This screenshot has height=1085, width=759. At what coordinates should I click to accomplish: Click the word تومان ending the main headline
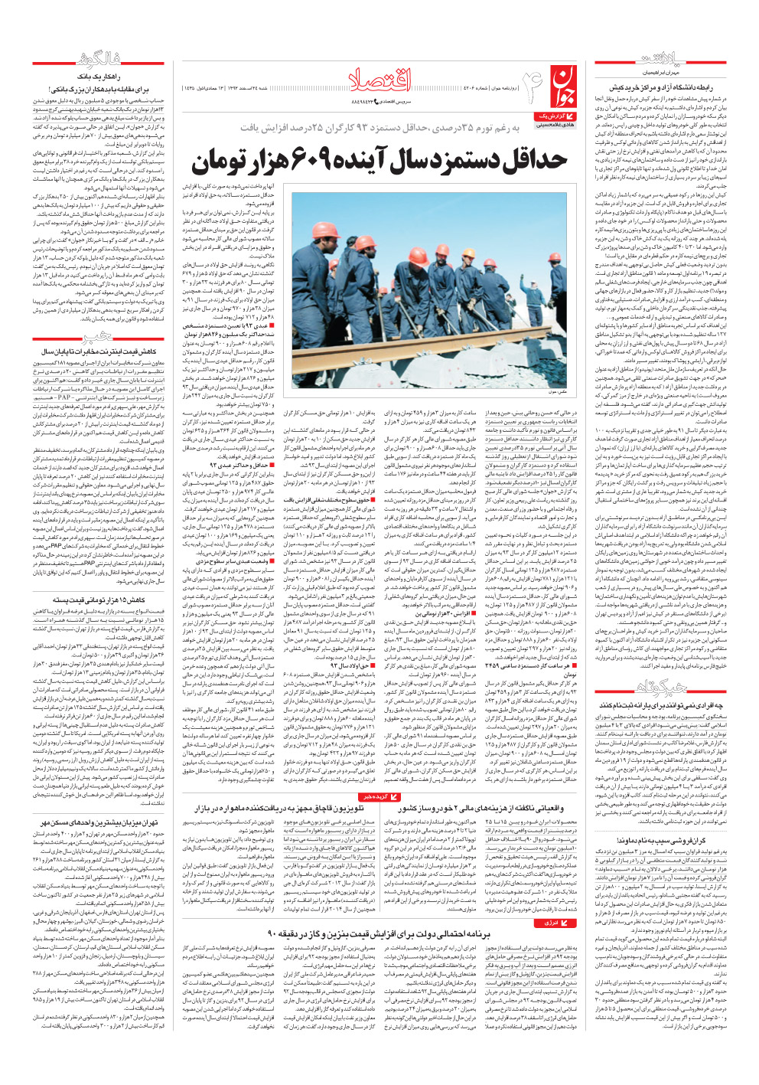tap(222, 161)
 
